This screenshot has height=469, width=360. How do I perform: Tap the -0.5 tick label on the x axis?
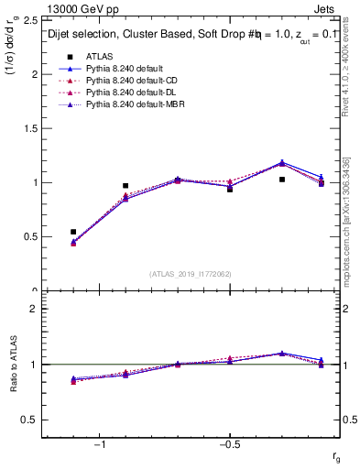tap(228, 445)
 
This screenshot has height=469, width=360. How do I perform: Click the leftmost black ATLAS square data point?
tap(73, 232)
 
